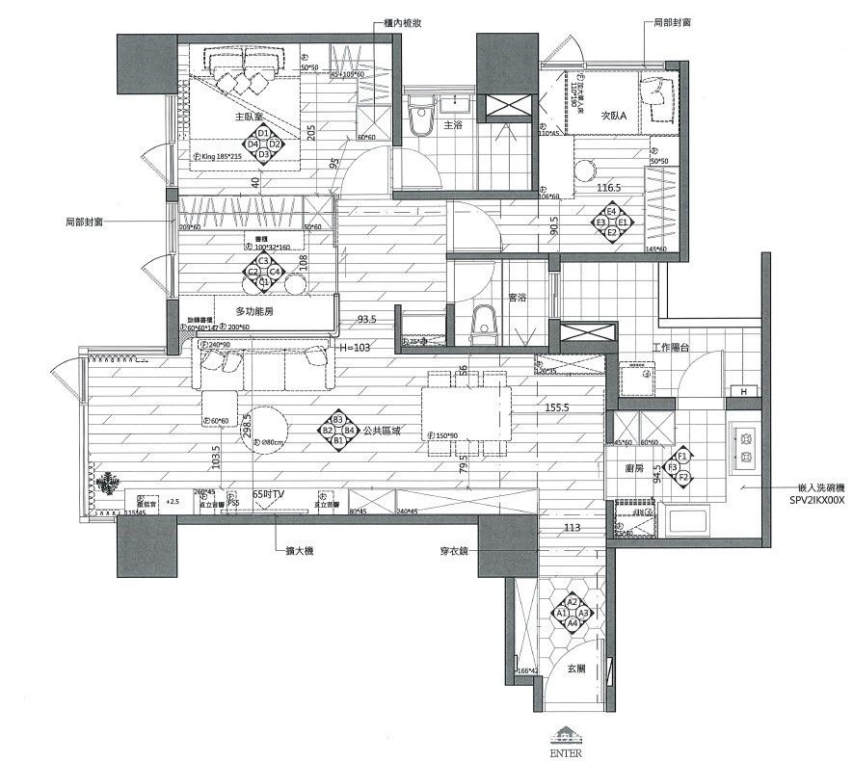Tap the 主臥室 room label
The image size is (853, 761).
click(249, 116)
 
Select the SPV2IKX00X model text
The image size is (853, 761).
click(813, 501)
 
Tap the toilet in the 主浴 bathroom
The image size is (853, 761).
click(420, 121)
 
